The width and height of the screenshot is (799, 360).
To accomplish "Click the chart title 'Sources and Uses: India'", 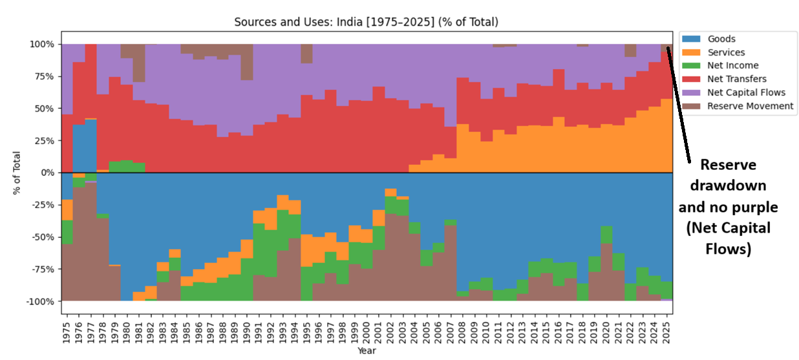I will pos(367,23).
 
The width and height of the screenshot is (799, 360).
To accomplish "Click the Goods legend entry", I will pos(721,39).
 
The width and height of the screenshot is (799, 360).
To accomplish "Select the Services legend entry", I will pos(726,52).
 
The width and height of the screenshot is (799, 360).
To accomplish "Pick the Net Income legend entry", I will pos(732,65).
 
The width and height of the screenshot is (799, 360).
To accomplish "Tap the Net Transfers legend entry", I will pos(737,79).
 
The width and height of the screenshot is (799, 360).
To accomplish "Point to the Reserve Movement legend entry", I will pos(750,105).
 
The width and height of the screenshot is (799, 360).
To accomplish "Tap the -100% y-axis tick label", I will pos(40,301).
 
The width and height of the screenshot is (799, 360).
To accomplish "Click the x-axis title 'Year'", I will pos(367,351).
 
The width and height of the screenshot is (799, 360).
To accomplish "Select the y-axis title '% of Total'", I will pos(17,173).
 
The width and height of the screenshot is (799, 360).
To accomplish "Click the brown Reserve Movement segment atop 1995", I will pos(306,54).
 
